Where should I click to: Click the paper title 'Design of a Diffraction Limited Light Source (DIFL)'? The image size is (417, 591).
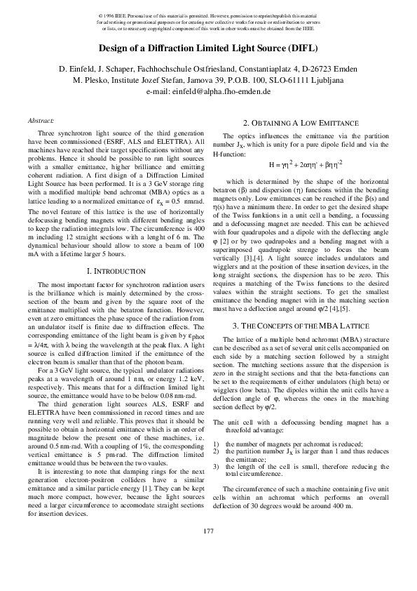point(207,49)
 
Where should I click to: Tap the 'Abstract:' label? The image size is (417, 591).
point(38,121)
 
